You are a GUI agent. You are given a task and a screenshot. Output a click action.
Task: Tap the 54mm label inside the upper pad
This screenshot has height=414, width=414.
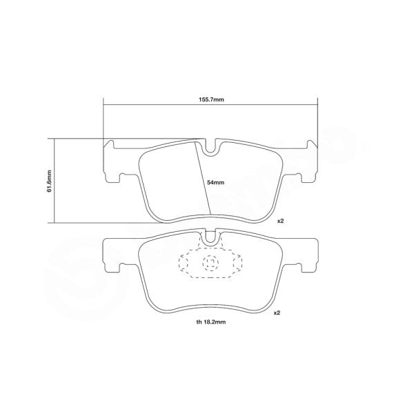[216, 183]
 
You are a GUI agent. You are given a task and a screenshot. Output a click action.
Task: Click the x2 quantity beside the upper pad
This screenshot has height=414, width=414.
[280, 221]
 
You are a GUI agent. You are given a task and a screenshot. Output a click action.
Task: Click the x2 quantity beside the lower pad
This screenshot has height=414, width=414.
[277, 313]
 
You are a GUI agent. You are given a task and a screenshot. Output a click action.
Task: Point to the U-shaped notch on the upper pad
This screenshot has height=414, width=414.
[210, 146]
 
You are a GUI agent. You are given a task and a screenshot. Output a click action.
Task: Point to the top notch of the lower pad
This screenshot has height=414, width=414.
[210, 239]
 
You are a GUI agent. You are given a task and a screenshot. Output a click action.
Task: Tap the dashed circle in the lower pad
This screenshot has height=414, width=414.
[209, 263]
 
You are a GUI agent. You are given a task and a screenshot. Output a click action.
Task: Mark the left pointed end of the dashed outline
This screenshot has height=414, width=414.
[179, 264]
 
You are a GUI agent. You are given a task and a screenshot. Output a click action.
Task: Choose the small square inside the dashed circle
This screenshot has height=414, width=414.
[210, 263]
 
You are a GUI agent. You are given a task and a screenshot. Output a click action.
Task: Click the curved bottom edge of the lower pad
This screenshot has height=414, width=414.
[210, 304]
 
